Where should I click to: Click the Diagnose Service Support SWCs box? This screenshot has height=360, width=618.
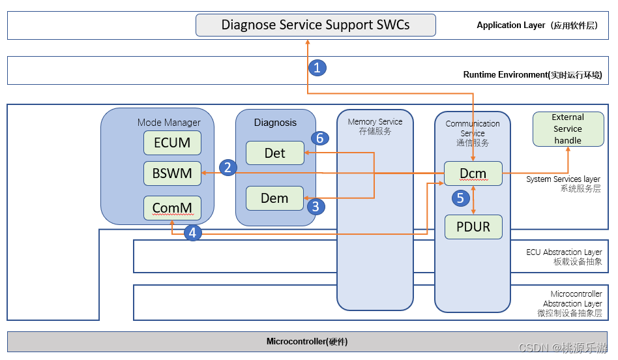coord(316,25)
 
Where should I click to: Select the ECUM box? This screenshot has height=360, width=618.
coord(172,143)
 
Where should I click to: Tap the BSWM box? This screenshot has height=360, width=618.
coord(172,173)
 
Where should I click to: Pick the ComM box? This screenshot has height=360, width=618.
coord(172,208)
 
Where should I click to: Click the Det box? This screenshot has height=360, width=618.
coord(274,153)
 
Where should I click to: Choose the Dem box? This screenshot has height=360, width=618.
coord(274,198)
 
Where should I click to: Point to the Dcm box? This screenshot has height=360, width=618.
coord(473,173)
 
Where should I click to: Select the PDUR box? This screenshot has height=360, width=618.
coord(473,227)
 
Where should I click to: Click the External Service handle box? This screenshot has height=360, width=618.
coord(568,128)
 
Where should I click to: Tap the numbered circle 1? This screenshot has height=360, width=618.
coord(317,67)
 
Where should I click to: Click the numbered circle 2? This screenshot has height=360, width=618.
coord(228,168)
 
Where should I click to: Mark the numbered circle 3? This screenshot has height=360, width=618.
coord(316,207)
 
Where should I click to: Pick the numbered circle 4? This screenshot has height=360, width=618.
coord(192,232)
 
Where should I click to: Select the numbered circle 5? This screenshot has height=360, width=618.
coord(462,198)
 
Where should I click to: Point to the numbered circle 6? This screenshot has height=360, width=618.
coord(319,138)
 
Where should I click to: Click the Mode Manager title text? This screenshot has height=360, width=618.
coord(169,122)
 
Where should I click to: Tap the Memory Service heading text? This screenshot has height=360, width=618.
coord(375,122)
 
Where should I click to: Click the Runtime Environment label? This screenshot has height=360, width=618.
coord(532,75)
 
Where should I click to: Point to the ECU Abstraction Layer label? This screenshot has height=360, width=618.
coord(564,252)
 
